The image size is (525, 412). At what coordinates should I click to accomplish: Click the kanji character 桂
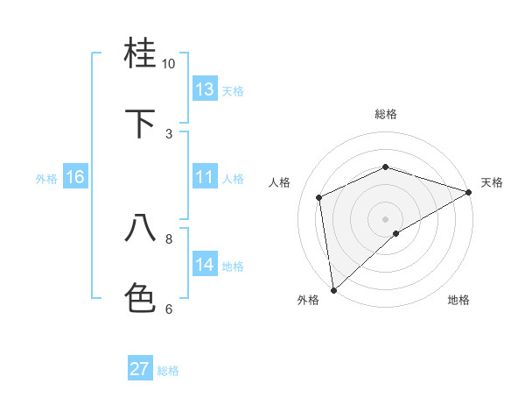[x=141, y=54]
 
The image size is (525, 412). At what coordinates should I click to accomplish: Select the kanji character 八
[x=141, y=228]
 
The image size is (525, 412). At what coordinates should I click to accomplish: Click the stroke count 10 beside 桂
[x=169, y=64]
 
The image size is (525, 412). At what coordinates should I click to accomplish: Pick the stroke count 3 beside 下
[x=169, y=133]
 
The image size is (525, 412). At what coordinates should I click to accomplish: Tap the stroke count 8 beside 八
[x=169, y=238]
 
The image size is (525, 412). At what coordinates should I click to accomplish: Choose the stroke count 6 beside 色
[x=169, y=308]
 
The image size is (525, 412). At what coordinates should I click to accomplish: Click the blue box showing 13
[x=205, y=89]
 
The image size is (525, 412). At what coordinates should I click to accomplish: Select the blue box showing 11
[x=205, y=177]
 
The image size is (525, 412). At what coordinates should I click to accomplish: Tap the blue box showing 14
[x=205, y=265]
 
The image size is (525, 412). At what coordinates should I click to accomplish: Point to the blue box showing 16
[x=75, y=177]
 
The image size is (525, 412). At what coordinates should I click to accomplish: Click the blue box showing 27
[x=140, y=369]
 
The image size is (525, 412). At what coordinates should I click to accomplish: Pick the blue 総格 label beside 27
[x=169, y=371]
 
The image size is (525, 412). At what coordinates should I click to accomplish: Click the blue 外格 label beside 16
[x=46, y=179]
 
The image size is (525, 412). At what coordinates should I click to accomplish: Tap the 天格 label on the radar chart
[x=492, y=182]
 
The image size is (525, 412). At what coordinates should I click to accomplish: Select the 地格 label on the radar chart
[x=458, y=300]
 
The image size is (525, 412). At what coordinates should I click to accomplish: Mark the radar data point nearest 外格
[x=332, y=289]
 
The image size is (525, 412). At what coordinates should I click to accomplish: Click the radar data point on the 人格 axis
[x=319, y=197]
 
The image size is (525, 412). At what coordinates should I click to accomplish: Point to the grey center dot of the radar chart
[x=385, y=218]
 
